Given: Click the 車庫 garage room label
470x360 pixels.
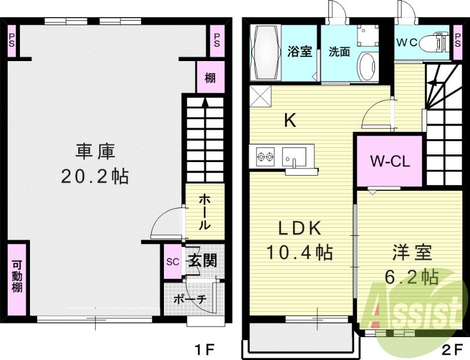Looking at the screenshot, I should (x=95, y=152).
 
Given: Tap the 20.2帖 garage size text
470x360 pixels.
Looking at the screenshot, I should (x=95, y=176).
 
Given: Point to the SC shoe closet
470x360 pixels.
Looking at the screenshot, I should (x=173, y=261).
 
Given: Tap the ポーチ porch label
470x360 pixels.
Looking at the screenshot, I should (x=190, y=299).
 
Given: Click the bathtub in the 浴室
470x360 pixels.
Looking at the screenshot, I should (x=266, y=52).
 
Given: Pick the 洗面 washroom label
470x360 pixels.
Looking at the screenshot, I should (x=339, y=52).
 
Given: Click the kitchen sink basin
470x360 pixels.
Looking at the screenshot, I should (x=293, y=157).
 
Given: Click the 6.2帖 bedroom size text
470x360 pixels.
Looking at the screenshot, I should (x=412, y=276).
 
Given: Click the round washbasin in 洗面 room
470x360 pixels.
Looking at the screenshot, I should (x=368, y=63).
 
